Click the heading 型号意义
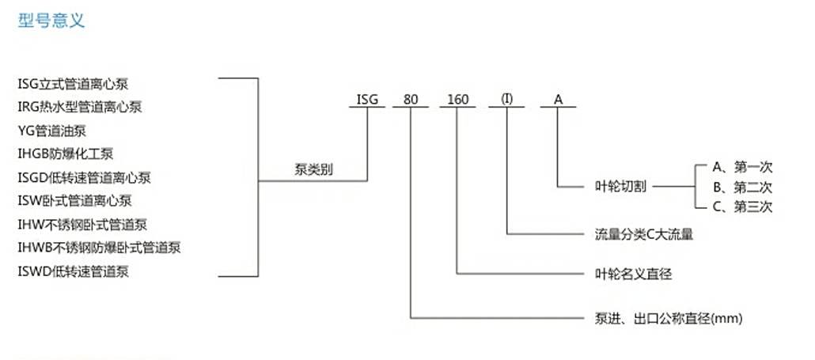51,21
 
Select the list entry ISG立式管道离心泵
73,84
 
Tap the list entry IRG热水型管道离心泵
80,107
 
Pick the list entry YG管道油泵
52,131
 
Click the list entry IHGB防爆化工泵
66,153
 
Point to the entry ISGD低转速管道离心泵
84,178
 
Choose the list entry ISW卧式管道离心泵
75,200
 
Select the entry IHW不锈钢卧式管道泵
82,225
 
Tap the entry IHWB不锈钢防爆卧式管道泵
99,248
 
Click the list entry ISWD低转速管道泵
74,271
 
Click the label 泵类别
313,170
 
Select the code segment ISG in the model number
367,99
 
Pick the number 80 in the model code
411,99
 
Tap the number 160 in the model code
458,99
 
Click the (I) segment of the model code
506,99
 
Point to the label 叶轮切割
620,187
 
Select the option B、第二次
742,187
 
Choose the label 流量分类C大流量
644,234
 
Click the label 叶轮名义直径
633,274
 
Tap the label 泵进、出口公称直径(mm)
669,318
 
